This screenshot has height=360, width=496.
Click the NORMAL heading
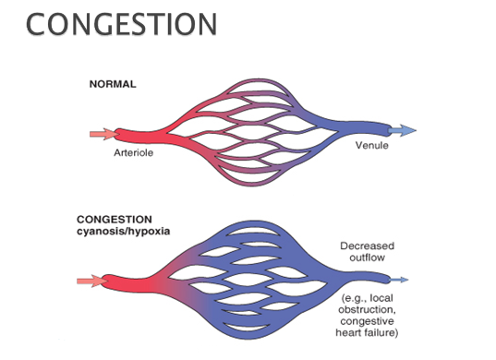pos(112,83)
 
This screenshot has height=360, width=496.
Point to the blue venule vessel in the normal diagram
pos(356,130)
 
